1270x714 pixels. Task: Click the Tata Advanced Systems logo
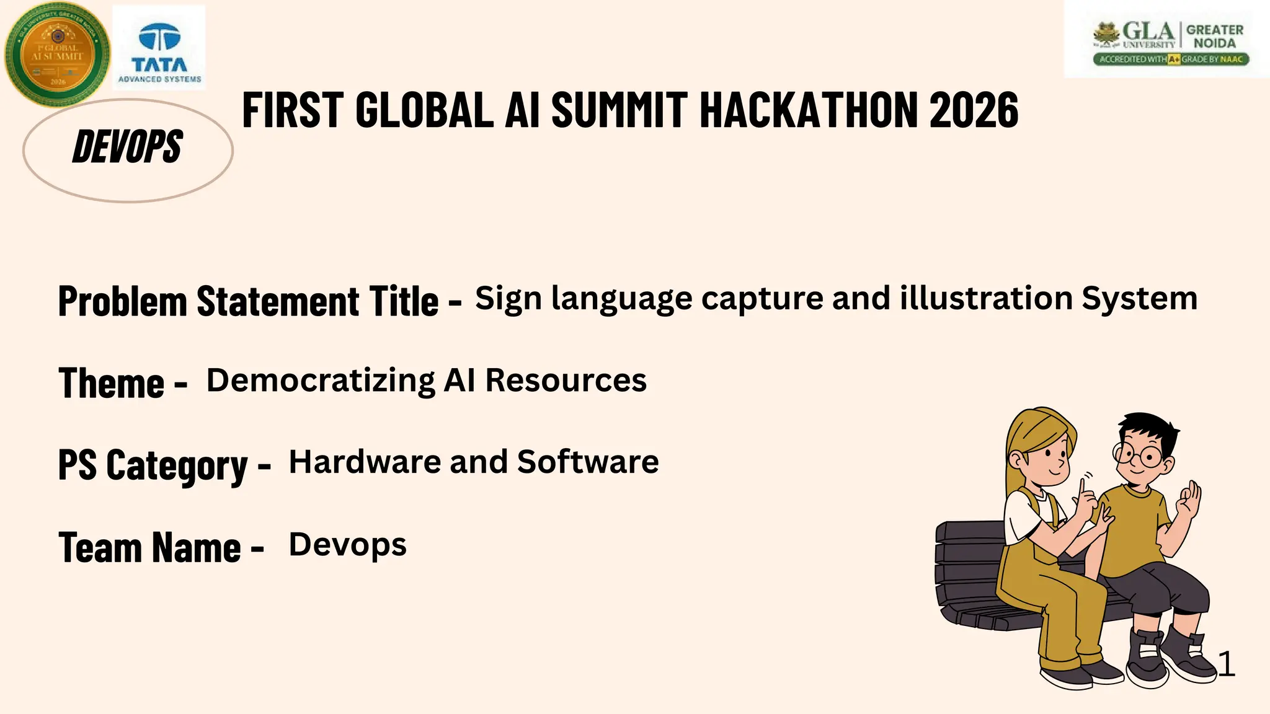(159, 48)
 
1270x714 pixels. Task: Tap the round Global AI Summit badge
(57, 54)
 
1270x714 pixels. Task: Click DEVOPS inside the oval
(128, 148)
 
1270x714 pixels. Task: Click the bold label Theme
(112, 383)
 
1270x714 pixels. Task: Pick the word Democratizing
(321, 381)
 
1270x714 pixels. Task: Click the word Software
(588, 462)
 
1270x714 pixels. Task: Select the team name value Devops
(347, 545)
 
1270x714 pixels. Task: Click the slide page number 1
(1226, 664)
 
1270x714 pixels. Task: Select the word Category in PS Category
(177, 465)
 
